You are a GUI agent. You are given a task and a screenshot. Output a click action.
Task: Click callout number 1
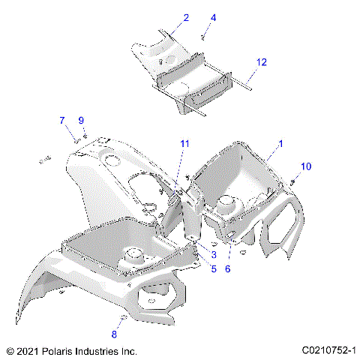pyautogui.click(x=280, y=142)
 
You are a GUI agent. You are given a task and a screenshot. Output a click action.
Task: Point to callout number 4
pyautogui.click(x=213, y=16)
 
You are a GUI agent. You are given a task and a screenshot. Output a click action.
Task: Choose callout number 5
pyautogui.click(x=213, y=268)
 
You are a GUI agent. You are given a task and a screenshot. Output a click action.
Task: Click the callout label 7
pyautogui.click(x=62, y=120)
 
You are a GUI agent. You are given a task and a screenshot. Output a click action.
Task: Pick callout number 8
pyautogui.click(x=115, y=334)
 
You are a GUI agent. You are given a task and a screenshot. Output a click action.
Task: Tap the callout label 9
pyautogui.click(x=81, y=120)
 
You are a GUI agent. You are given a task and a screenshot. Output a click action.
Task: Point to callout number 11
pyautogui.click(x=184, y=143)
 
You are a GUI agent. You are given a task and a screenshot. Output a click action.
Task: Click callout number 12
pyautogui.click(x=261, y=64)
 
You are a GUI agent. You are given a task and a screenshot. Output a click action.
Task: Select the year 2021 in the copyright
pyautogui.click(x=28, y=350)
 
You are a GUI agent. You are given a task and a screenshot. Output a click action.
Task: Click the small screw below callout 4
pyautogui.click(x=203, y=35)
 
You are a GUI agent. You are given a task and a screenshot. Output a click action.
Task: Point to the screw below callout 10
pyautogui.click(x=292, y=181)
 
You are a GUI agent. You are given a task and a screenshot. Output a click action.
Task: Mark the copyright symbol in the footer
pyautogui.click(x=10, y=350)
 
